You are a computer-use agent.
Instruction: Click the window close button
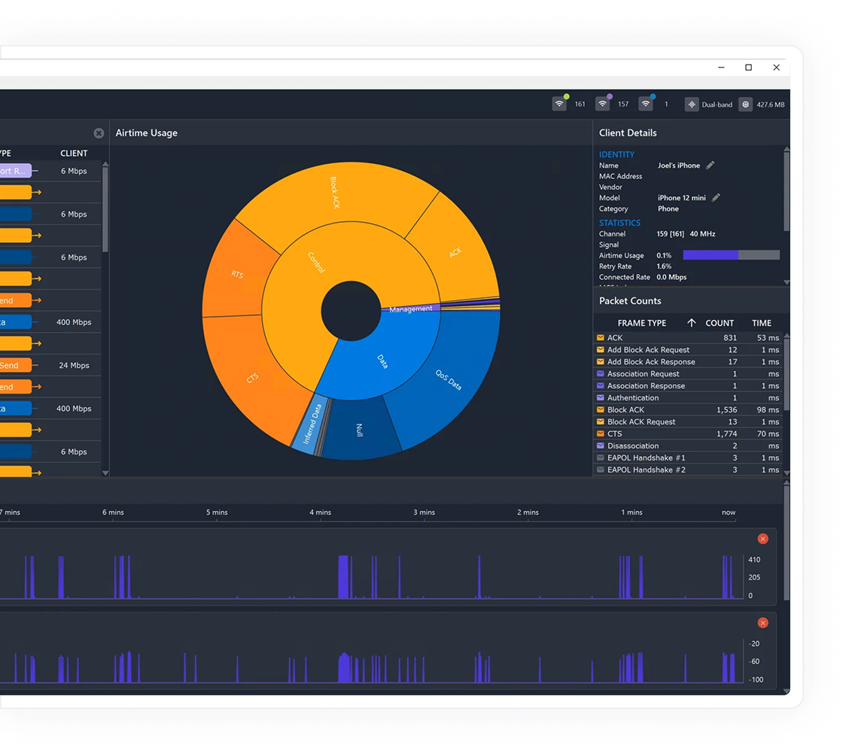pyautogui.click(x=776, y=68)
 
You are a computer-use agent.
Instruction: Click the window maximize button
pyautogui.click(x=748, y=68)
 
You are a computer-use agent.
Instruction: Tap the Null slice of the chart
pyautogui.click(x=359, y=430)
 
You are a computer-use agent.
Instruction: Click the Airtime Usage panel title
pyautogui.click(x=147, y=133)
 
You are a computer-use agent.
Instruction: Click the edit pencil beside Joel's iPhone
pyautogui.click(x=710, y=166)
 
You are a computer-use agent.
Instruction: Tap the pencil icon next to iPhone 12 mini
pyautogui.click(x=716, y=198)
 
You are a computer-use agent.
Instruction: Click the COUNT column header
pyautogui.click(x=720, y=323)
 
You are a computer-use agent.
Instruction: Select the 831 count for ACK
pyautogui.click(x=729, y=338)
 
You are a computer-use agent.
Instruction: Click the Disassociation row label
pyautogui.click(x=632, y=446)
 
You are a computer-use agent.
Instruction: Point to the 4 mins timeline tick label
pyautogui.click(x=320, y=512)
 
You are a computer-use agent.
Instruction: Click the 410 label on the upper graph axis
pyautogui.click(x=754, y=560)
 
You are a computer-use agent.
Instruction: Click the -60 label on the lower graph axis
pyautogui.click(x=754, y=662)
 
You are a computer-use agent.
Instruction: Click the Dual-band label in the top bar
pyautogui.click(x=717, y=105)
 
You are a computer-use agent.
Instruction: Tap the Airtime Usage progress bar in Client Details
pyautogui.click(x=731, y=256)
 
